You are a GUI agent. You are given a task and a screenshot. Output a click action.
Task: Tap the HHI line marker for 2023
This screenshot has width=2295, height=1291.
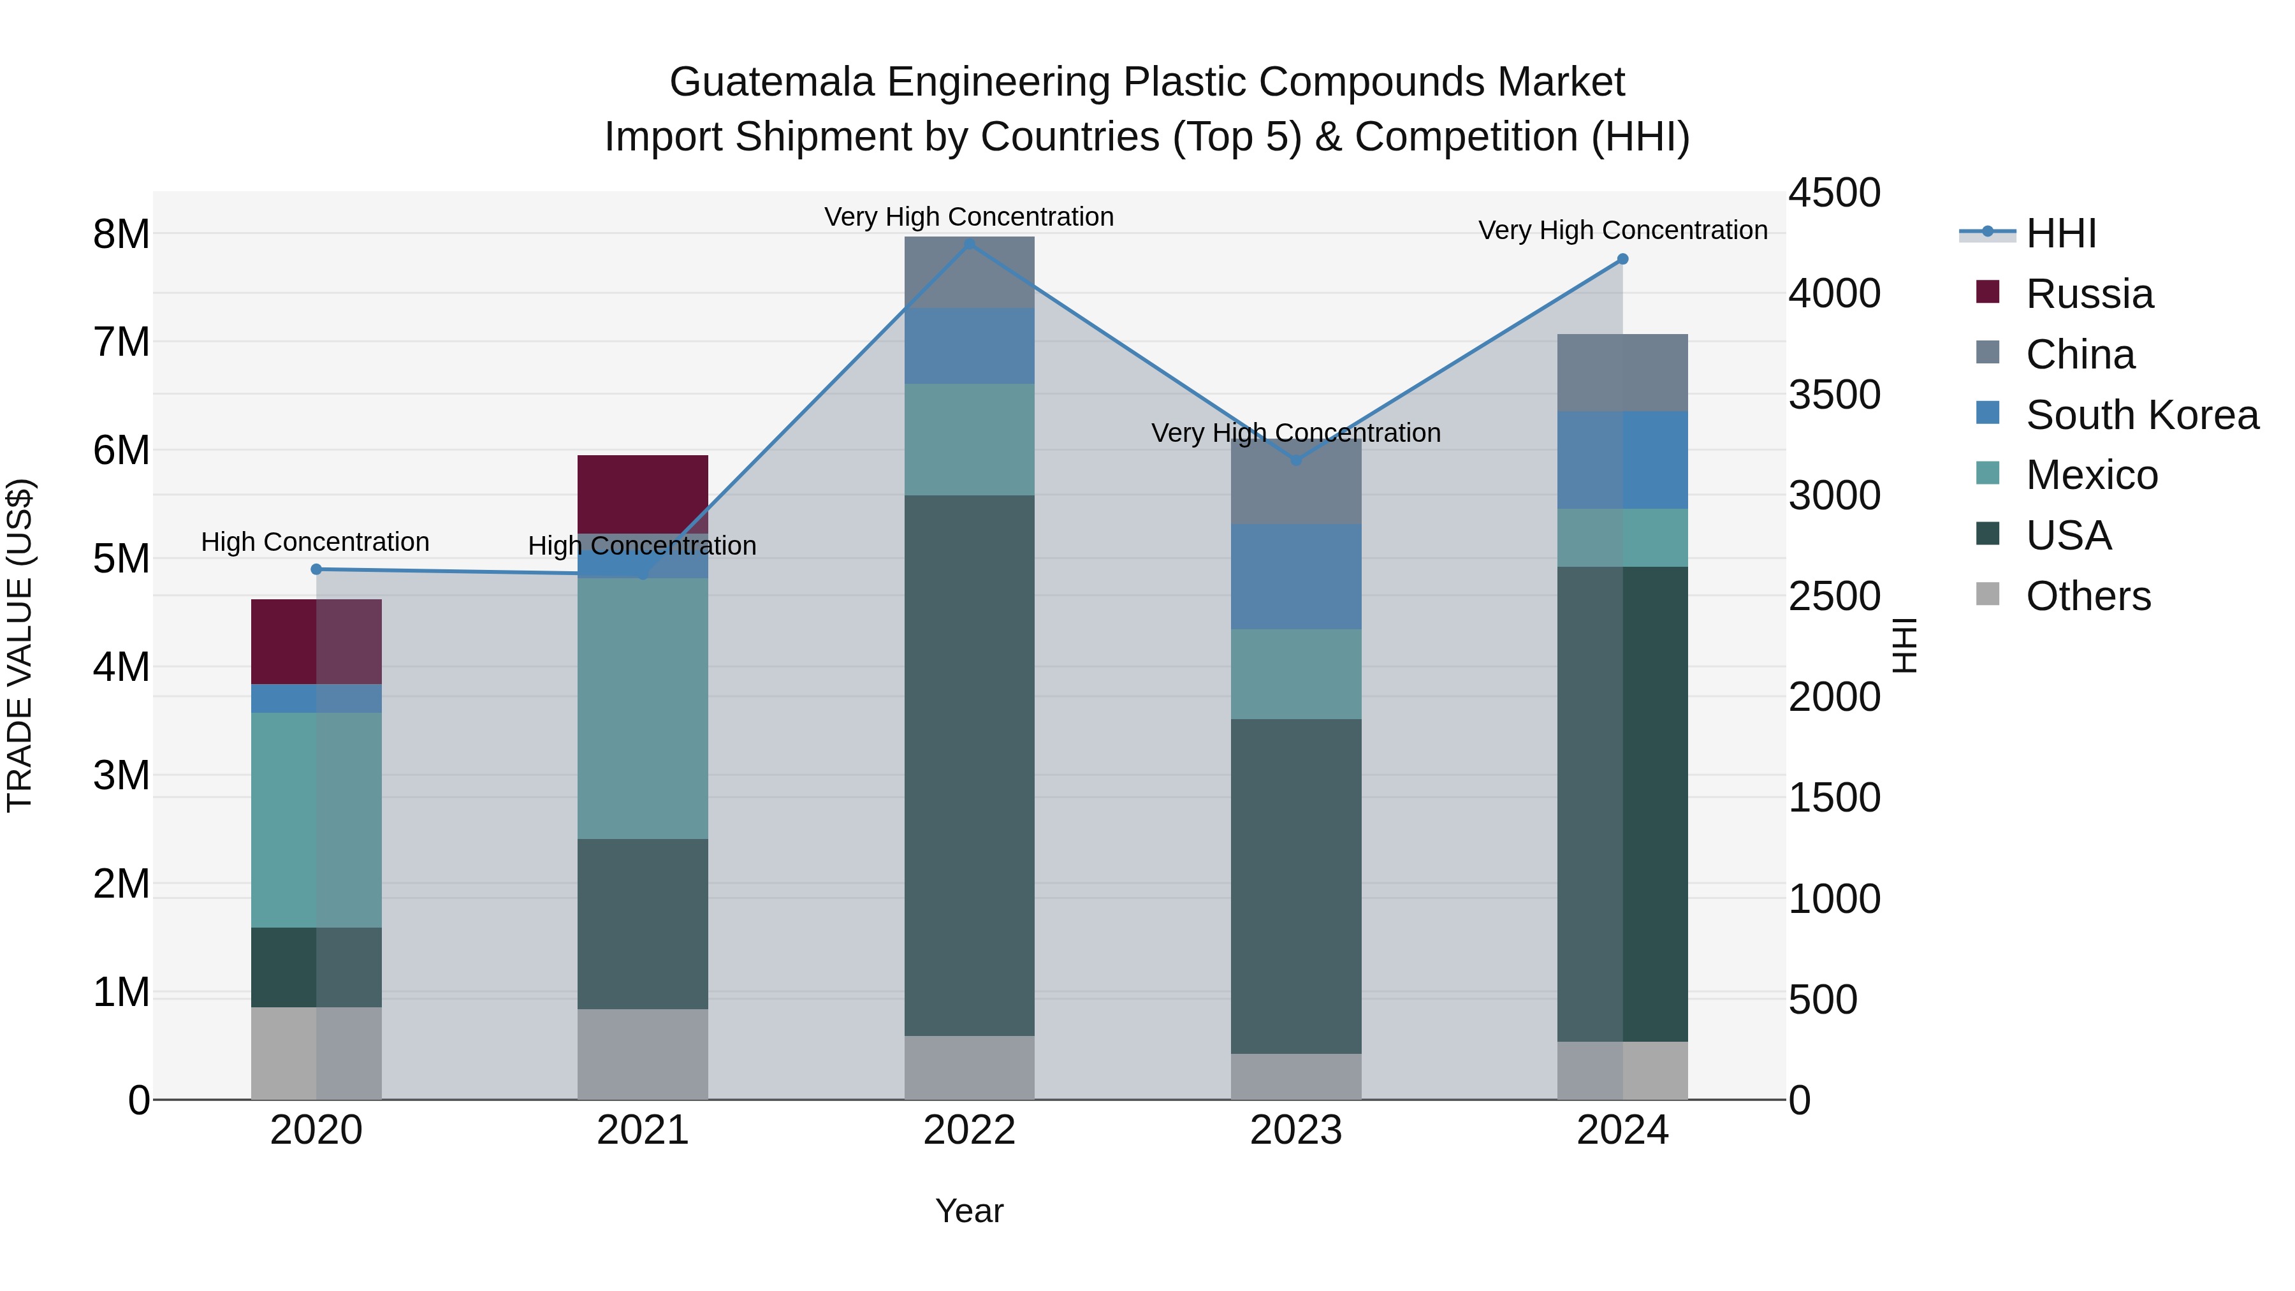(x=1296, y=461)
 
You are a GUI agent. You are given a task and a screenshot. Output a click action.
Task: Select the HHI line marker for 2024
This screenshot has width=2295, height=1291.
(x=1622, y=259)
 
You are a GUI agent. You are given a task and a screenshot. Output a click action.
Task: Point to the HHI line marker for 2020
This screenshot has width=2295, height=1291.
(x=316, y=569)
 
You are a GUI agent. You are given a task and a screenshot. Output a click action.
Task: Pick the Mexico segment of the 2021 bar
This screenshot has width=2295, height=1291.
(x=643, y=708)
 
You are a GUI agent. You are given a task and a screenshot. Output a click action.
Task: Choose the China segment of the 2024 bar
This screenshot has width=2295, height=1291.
(x=1622, y=372)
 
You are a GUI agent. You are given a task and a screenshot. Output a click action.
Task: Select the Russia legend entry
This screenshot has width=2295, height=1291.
(x=2088, y=294)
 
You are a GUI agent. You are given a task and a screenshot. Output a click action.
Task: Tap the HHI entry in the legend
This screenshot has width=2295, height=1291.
(x=2060, y=233)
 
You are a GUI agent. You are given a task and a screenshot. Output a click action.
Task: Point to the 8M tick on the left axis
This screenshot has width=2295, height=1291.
(x=121, y=235)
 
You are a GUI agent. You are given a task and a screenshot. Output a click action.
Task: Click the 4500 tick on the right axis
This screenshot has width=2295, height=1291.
(x=1834, y=193)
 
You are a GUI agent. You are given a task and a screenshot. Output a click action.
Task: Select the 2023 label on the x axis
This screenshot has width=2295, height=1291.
(x=1296, y=1130)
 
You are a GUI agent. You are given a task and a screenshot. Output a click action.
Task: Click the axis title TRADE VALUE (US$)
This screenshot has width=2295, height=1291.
(x=20, y=645)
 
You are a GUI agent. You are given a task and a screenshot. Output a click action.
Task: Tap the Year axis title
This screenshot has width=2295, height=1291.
(x=969, y=1211)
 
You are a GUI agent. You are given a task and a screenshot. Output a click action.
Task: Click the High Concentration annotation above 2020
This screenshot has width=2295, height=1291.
(x=316, y=542)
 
